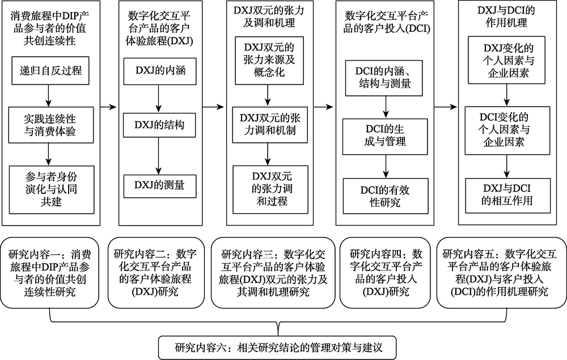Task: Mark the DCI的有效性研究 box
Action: point(386,196)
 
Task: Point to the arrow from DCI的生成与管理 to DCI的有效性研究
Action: point(387,166)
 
